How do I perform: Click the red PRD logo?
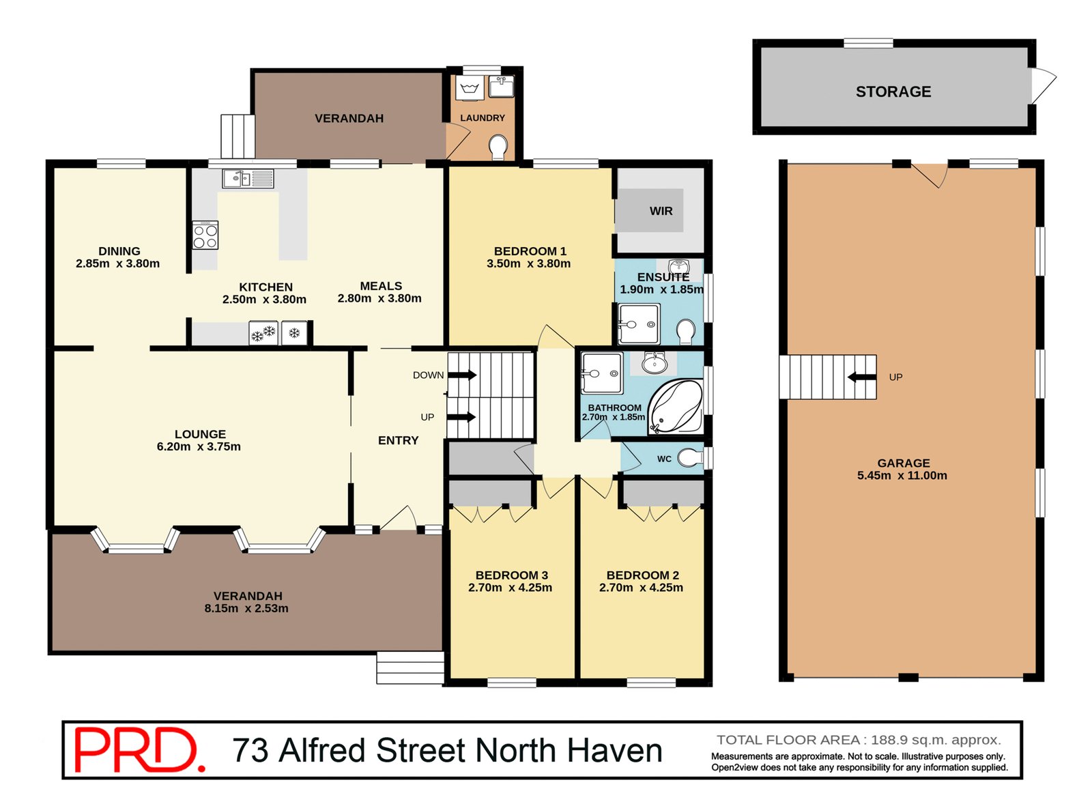[139, 749]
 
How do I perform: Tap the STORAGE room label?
[893, 91]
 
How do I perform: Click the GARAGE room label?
[903, 463]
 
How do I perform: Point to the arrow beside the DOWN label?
[462, 375]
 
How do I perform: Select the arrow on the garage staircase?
[861, 377]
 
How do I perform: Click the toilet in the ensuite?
[686, 332]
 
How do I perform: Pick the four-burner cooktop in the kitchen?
[205, 235]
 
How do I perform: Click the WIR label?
[661, 211]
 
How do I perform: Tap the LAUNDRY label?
[482, 118]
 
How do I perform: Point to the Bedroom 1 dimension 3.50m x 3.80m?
[528, 263]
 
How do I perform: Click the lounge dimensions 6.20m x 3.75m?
[199, 446]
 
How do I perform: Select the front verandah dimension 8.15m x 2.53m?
[246, 608]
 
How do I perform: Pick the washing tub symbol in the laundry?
[470, 88]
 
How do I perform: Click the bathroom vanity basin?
[654, 362]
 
